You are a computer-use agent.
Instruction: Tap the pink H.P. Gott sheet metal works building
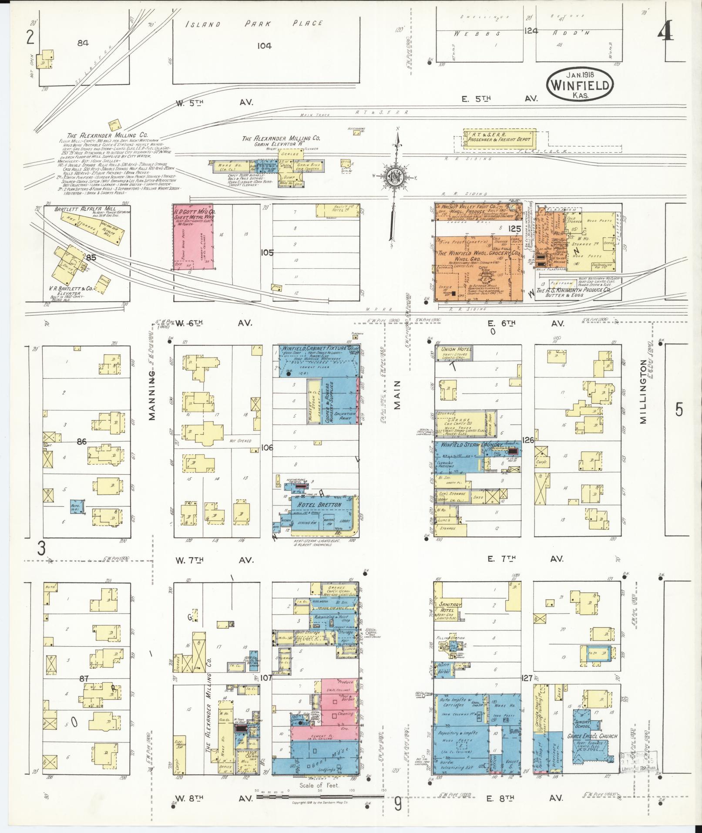(194, 237)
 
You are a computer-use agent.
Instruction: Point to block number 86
(81, 442)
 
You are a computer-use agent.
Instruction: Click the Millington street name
(644, 401)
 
